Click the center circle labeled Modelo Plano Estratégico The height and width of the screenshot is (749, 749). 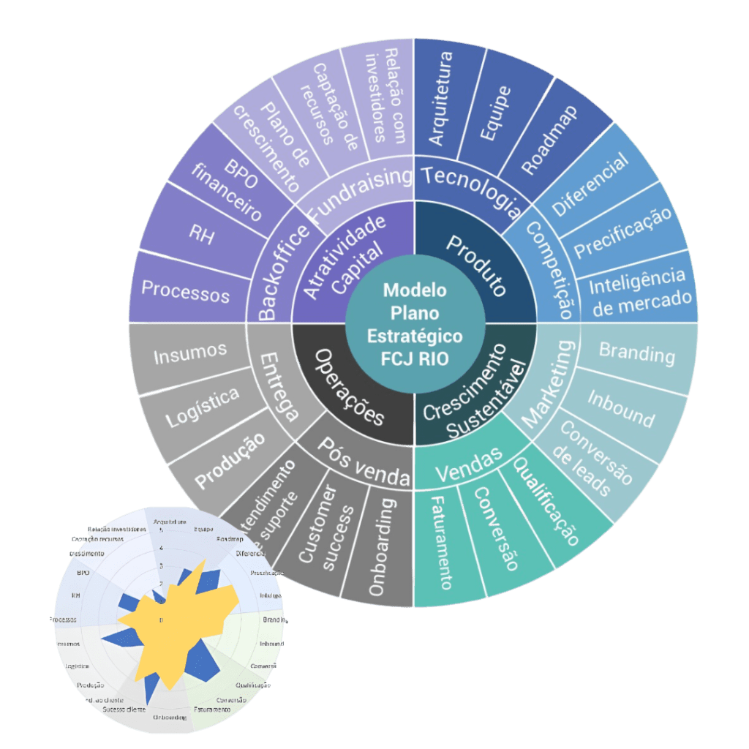click(x=415, y=323)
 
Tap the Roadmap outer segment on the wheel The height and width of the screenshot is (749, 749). click(x=549, y=139)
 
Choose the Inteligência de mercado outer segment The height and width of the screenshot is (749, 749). click(x=639, y=290)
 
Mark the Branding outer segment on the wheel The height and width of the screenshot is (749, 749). click(x=637, y=353)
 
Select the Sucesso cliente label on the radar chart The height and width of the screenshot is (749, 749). click(x=124, y=710)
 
